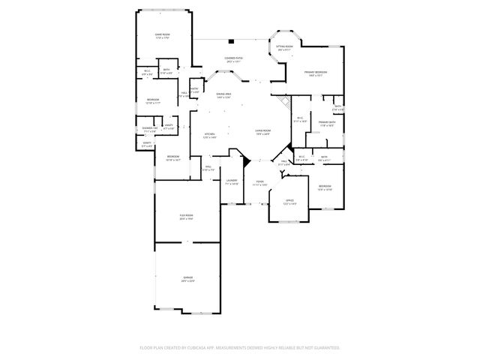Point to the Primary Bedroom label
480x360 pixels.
click(313, 73)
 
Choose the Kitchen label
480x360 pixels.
click(210, 135)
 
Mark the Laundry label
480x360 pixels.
click(232, 182)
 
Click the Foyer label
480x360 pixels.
click(259, 182)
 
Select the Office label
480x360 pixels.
click(289, 202)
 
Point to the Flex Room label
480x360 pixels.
click(186, 217)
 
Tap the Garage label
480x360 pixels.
click(187, 279)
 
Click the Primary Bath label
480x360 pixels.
click(325, 124)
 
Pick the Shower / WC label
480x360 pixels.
click(148, 130)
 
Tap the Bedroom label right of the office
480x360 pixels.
click(325, 187)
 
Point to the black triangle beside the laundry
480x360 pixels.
click(244, 159)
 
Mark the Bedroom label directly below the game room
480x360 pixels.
click(152, 101)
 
